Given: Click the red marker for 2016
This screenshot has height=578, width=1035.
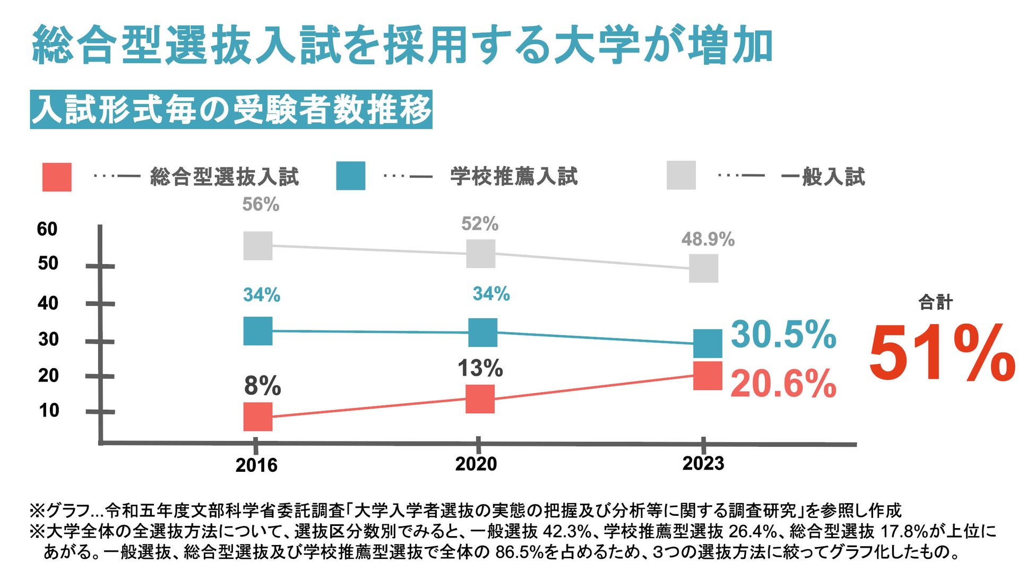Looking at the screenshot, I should click(258, 416).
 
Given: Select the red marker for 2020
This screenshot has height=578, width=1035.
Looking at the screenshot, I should click(480, 399).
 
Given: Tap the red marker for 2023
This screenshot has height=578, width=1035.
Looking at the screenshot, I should click(708, 376).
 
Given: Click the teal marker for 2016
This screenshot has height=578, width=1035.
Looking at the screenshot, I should click(258, 331).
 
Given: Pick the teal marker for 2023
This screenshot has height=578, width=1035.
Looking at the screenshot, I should click(708, 343).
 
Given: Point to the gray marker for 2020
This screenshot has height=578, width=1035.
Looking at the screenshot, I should click(481, 253).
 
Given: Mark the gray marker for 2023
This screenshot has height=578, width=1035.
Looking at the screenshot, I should click(704, 268).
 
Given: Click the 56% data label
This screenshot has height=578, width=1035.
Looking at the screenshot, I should click(261, 205).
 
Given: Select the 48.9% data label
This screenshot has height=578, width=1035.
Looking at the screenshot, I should click(708, 240).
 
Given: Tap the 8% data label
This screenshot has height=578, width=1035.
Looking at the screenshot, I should click(262, 386).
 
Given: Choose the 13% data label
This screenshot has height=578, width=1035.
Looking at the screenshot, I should click(480, 368).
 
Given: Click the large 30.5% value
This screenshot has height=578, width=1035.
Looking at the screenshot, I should click(783, 335).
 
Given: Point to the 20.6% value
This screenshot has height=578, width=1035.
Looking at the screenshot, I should click(783, 384).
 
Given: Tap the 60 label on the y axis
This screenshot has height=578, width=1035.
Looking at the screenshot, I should click(47, 229).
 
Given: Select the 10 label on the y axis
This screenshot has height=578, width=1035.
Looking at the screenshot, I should click(49, 410).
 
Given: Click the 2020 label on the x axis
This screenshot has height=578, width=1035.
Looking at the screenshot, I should click(476, 464).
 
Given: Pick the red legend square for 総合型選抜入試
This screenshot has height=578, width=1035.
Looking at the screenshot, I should click(57, 177).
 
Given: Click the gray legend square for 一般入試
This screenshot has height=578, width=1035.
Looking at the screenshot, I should click(681, 175).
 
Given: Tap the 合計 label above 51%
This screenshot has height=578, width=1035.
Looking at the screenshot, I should click(935, 303).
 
